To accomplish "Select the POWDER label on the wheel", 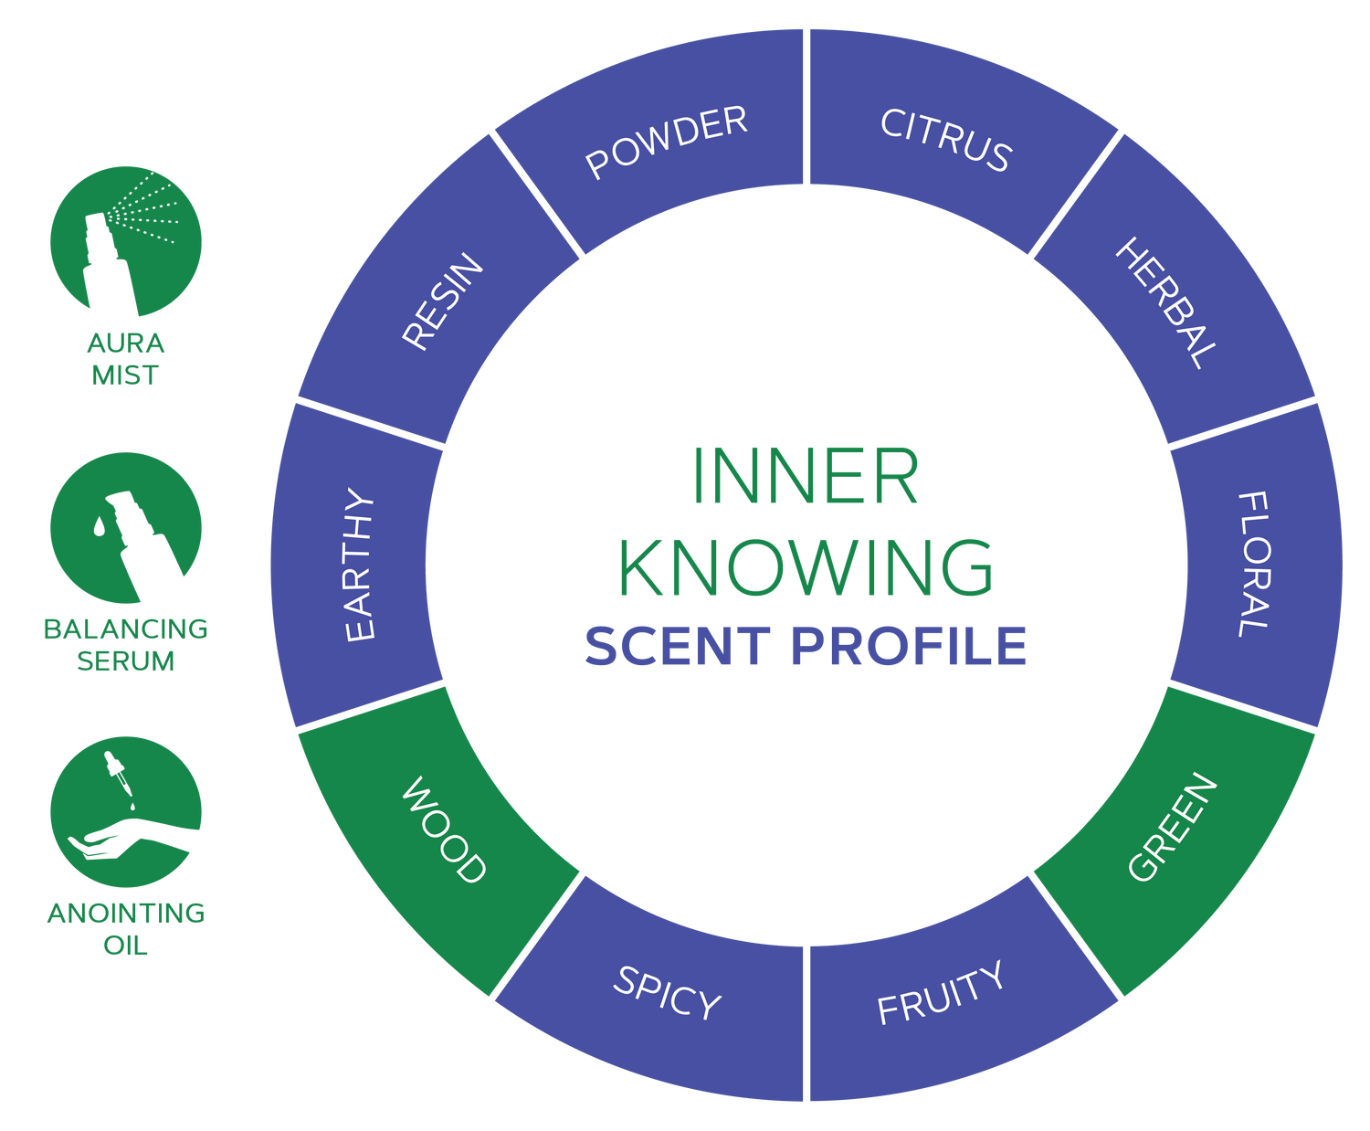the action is pos(666,142).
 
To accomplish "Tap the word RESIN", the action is pos(442,301).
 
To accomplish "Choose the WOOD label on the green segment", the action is pos(444,830).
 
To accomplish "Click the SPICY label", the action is pos(667,992).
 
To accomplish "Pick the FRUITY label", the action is pos(940,992).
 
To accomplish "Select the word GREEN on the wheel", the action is pos(1173,827).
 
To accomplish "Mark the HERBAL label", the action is pos(1166,302).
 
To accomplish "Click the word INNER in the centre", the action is pos(806,476).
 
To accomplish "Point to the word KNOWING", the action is pos(806,567).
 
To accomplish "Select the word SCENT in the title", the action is pos(678,646).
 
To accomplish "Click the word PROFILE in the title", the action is pos(909,646).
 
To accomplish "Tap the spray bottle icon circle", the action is pos(126,241).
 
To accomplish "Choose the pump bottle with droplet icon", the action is pos(126,528).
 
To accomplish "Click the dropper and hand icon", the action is pos(126,812).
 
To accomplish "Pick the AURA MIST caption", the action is pos(125,359).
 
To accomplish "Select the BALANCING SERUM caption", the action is pos(125,645).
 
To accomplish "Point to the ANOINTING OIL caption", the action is pos(126,929).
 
